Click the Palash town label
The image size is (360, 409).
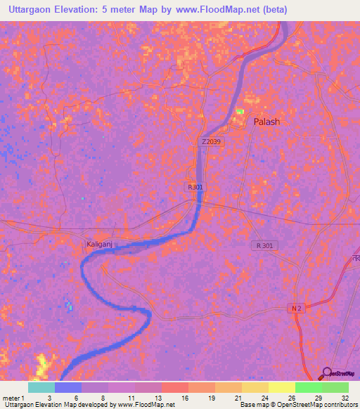click(x=266, y=122)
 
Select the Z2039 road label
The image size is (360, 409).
click(x=210, y=141)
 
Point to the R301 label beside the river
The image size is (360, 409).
click(x=195, y=187)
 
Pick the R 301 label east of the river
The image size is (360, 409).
click(x=265, y=245)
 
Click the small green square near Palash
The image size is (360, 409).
click(x=240, y=111)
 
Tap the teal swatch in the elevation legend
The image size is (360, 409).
click(x=41, y=387)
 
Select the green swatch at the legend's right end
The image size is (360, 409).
click(x=335, y=387)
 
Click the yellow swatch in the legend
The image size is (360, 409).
click(x=281, y=387)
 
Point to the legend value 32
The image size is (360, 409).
click(x=344, y=398)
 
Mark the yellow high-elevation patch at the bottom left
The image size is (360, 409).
click(x=44, y=364)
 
